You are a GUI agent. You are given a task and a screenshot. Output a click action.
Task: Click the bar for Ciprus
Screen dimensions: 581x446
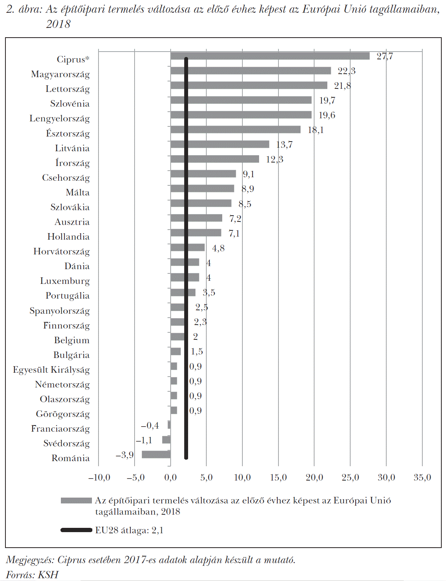pyautogui.click(x=271, y=56)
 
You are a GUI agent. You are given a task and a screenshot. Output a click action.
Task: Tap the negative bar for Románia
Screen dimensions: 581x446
pyautogui.click(x=156, y=454)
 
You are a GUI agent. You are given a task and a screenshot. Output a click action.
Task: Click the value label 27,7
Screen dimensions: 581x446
pyautogui.click(x=385, y=56)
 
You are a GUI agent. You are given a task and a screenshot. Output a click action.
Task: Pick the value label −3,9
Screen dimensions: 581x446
pyautogui.click(x=124, y=455)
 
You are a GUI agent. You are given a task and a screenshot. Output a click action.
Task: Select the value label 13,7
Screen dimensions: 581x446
pyautogui.click(x=284, y=145)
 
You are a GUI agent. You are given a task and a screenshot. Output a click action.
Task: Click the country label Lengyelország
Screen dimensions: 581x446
pyautogui.click(x=59, y=119)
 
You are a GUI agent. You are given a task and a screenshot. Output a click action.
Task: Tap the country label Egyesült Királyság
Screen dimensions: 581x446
pyautogui.click(x=51, y=370)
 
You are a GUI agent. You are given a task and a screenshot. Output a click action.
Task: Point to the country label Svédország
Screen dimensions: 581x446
pyautogui.click(x=66, y=443)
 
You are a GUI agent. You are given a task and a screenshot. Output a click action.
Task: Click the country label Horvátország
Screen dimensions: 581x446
pyautogui.click(x=61, y=251)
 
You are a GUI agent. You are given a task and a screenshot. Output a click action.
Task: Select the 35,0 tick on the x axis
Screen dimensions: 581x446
pyautogui.click(x=422, y=477)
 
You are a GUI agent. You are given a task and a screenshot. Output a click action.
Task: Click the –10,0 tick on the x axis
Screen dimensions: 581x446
pyautogui.click(x=99, y=477)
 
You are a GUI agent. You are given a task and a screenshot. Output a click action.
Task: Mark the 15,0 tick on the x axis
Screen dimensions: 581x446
pyautogui.click(x=278, y=477)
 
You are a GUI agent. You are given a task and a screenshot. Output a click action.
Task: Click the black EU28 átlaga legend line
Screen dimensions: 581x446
pyautogui.click(x=76, y=530)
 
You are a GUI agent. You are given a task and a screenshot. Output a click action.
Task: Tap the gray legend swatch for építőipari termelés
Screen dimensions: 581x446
pyautogui.click(x=76, y=501)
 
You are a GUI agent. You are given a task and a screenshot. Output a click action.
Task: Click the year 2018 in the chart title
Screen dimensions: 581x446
pyautogui.click(x=58, y=24)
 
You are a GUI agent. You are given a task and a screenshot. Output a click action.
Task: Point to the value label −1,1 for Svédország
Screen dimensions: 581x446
pyautogui.click(x=144, y=440)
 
